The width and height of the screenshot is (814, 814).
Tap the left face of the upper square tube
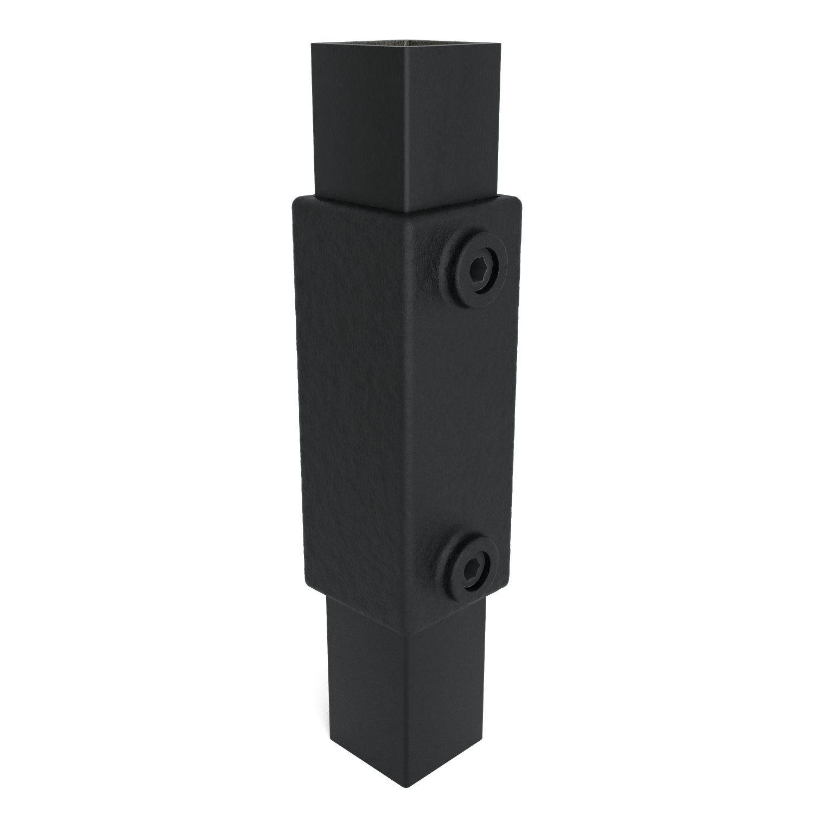[x=358, y=125]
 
